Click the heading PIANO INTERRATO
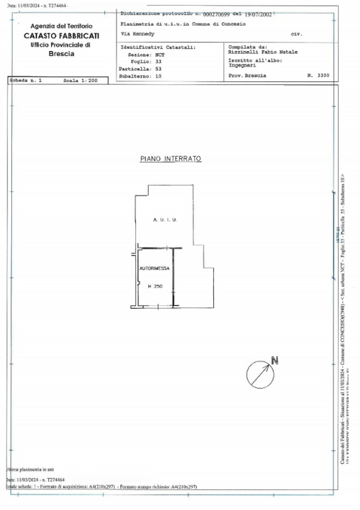pos(171,159)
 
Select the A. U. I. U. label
pos(164,221)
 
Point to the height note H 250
pos(154,286)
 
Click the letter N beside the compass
pos(275,361)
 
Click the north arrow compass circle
pos(259,373)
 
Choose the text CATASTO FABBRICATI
pos(61,35)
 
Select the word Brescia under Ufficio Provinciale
pos(61,53)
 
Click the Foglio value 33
pos(159,61)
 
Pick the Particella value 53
pos(159,69)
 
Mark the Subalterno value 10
pos(159,76)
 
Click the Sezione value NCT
pos(160,54)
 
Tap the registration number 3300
pos(323,74)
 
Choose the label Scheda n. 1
pos(26,81)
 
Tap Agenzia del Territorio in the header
pos(61,26)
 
